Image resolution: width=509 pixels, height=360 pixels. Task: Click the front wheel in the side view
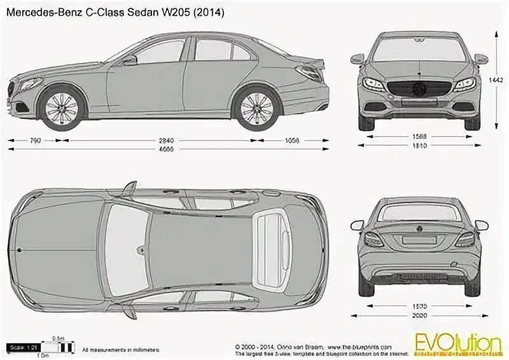coord(64,106)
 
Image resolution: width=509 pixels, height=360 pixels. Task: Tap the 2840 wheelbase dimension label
coord(167,140)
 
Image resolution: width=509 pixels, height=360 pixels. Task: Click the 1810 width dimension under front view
coord(418,146)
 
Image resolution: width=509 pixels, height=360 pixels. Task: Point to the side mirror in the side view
coord(130,60)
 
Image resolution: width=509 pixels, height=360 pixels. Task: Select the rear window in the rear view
coord(418,212)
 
